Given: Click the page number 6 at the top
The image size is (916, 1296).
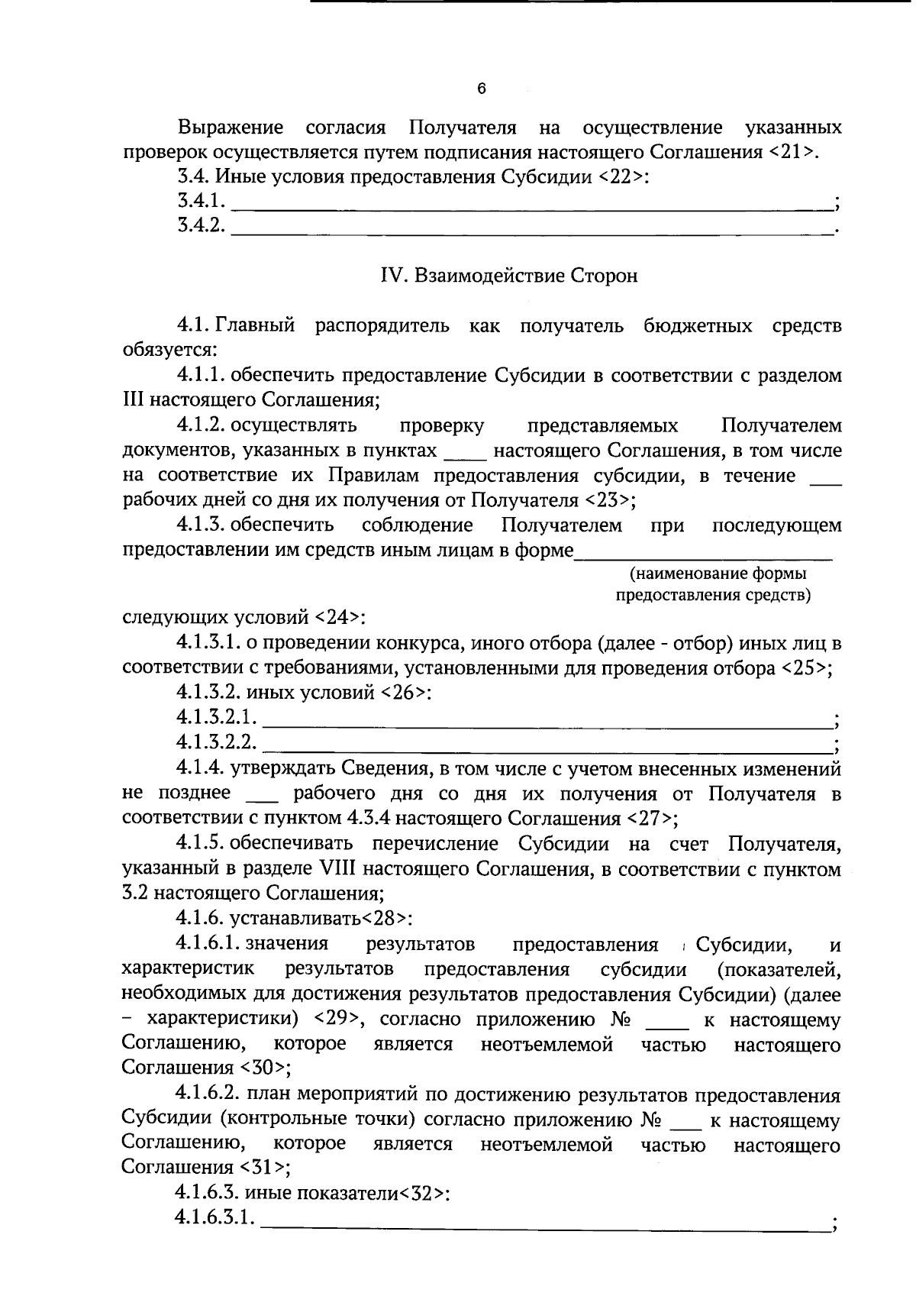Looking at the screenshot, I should [x=481, y=89].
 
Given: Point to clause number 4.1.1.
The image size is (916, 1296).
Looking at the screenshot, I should [x=200, y=376].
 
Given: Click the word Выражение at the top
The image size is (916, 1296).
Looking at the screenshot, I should [x=230, y=127].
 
